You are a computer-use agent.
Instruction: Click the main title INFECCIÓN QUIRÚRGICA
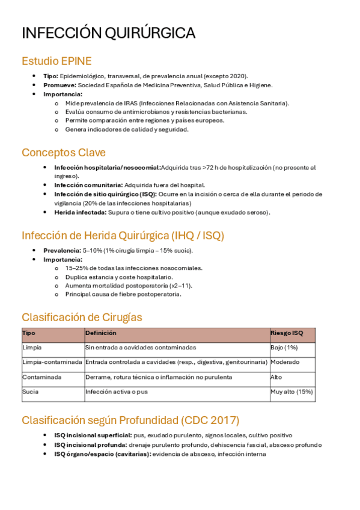108,33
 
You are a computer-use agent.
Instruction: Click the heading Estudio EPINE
56,61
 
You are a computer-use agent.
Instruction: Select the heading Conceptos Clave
63,153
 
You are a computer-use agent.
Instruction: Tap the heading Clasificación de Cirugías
82,317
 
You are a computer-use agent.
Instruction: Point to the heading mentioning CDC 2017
130,420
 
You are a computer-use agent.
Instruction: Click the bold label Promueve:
59,85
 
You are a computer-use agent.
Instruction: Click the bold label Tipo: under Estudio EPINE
51,76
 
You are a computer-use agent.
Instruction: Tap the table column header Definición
100,333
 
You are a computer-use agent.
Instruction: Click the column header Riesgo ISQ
287,333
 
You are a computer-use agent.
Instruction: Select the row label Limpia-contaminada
52,362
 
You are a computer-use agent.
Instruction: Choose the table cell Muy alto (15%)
291,392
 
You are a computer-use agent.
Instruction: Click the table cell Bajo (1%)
284,348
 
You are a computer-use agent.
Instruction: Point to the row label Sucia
31,392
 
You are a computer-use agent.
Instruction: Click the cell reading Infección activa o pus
117,392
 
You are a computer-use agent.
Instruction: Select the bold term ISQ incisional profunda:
90,445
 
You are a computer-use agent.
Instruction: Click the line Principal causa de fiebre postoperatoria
123,295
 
